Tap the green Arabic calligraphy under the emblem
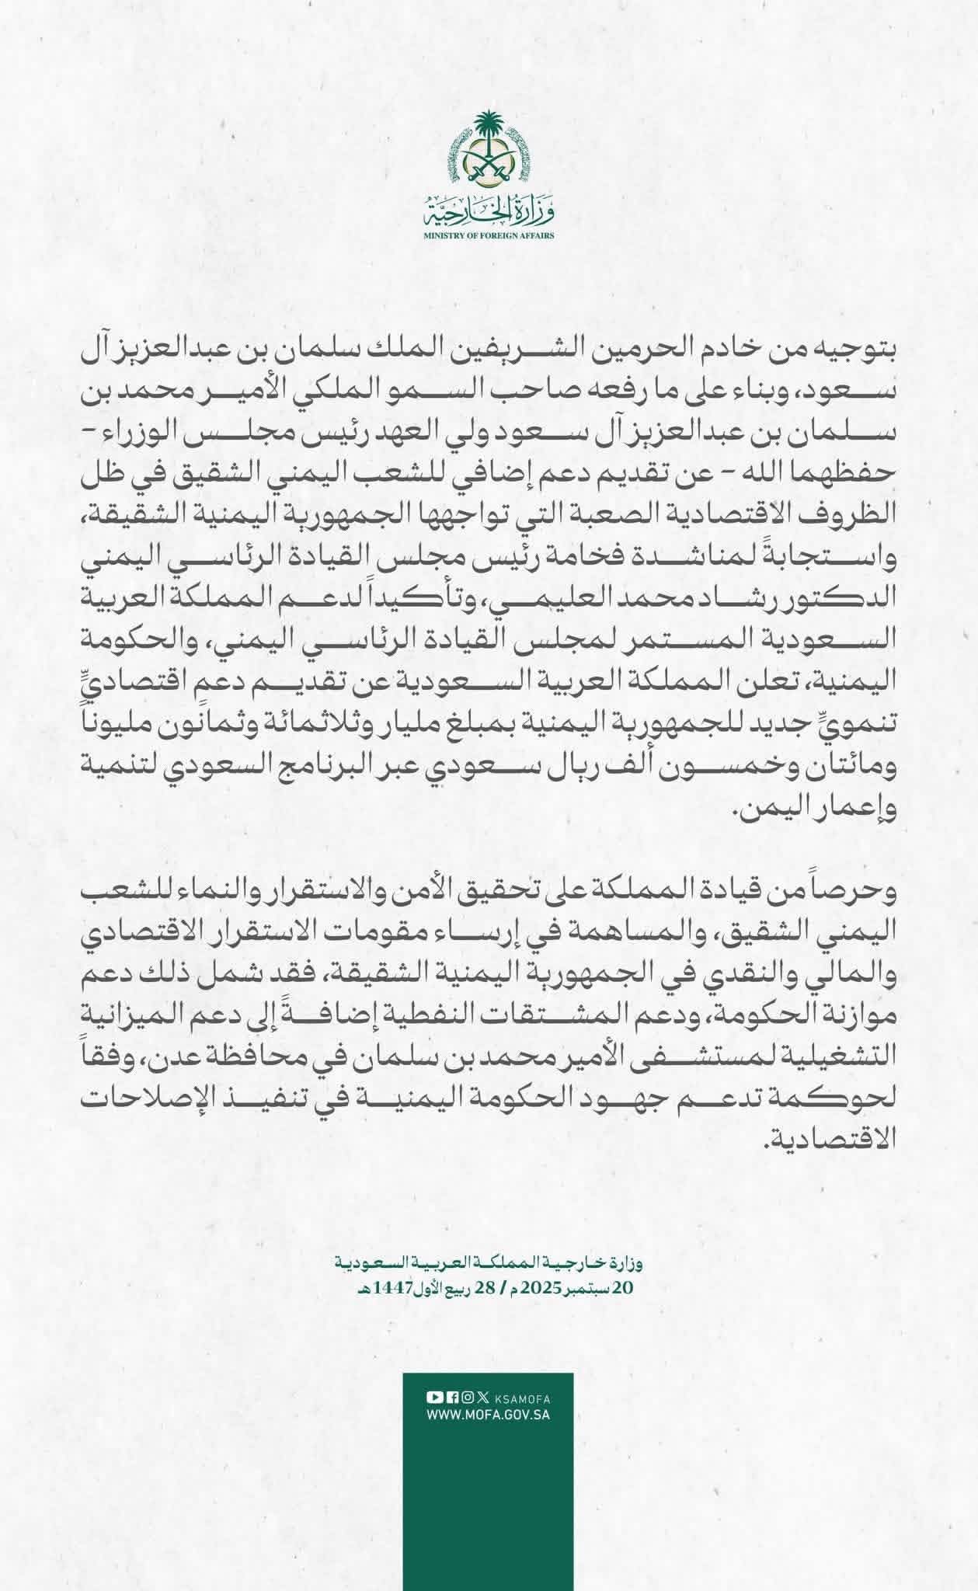489,208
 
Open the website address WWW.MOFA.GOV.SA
489,1415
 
